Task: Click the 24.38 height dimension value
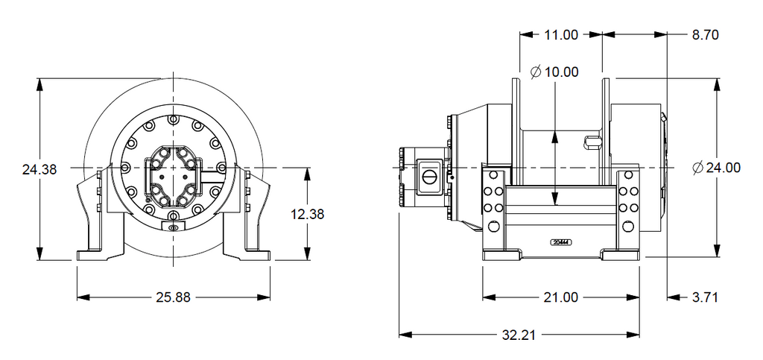[39, 169]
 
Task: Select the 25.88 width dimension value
[173, 297]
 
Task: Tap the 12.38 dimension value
[308, 214]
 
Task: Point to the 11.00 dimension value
[560, 34]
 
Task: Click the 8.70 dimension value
[705, 34]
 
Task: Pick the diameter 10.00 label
[555, 72]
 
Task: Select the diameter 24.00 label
[717, 168]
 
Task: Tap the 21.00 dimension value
[560, 297]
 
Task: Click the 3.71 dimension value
[704, 297]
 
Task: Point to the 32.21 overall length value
[519, 335]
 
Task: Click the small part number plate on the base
[560, 242]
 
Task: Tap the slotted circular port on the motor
[430, 177]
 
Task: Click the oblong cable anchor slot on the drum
[593, 141]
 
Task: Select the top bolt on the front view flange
[173, 119]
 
